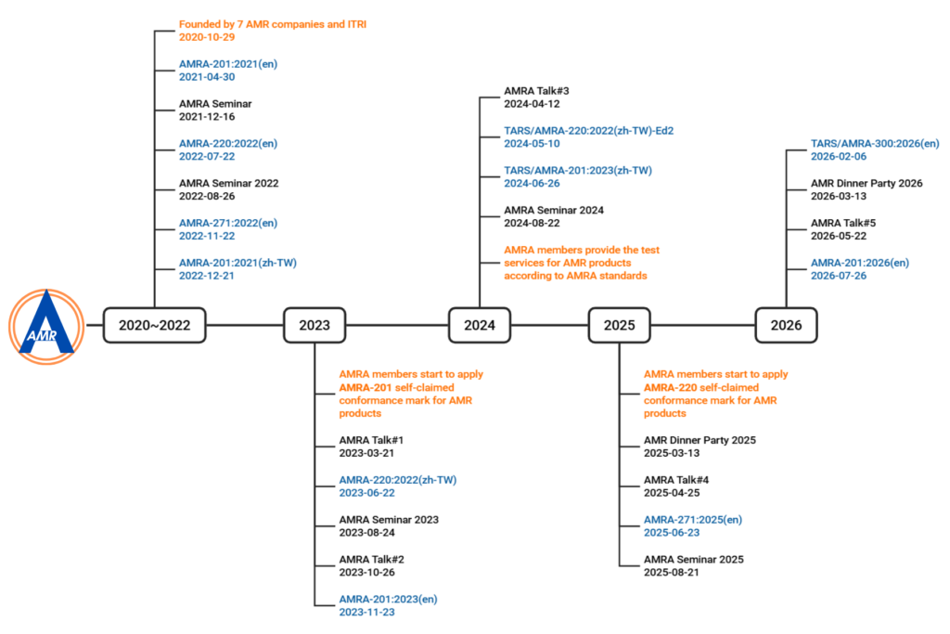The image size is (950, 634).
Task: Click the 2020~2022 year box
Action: tap(155, 326)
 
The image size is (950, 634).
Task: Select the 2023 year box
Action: tap(315, 326)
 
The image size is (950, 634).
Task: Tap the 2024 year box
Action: tap(480, 326)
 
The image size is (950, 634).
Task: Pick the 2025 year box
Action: tap(619, 326)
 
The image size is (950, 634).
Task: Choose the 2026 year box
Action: tap(786, 326)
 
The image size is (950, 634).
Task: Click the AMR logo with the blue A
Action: tap(46, 327)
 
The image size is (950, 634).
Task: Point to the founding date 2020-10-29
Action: tap(207, 37)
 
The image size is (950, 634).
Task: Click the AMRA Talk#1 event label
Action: tap(371, 440)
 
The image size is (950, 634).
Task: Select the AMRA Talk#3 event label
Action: tap(536, 91)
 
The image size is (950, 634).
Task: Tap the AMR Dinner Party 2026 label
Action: tap(867, 183)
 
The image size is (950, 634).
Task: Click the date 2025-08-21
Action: tap(672, 572)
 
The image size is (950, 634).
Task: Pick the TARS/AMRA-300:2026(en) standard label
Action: tap(875, 144)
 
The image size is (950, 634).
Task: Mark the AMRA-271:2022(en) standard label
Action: tap(228, 223)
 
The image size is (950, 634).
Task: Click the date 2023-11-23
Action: tap(366, 612)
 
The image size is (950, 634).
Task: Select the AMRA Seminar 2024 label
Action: tap(554, 211)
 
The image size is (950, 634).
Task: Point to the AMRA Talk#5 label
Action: tap(842, 223)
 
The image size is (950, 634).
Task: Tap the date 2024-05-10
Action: tap(532, 144)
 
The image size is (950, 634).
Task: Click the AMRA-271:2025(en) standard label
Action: tap(692, 520)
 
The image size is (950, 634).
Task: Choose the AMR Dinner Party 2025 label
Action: tap(700, 440)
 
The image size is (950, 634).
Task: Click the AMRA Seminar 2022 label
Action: tap(228, 183)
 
